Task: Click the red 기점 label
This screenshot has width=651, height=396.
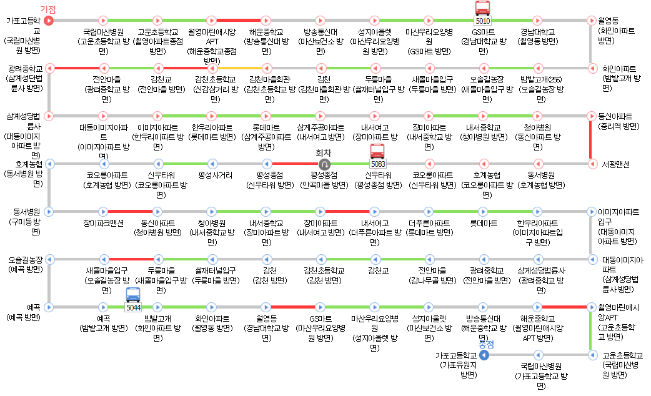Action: pyautogui.click(x=48, y=9)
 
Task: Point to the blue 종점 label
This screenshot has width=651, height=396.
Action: pyautogui.click(x=486, y=344)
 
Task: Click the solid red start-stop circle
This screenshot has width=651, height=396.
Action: pyautogui.click(x=49, y=20)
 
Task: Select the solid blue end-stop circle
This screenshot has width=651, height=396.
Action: pyautogui.click(x=484, y=355)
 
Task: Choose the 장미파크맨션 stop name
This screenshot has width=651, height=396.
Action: pyautogui.click(x=104, y=222)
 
